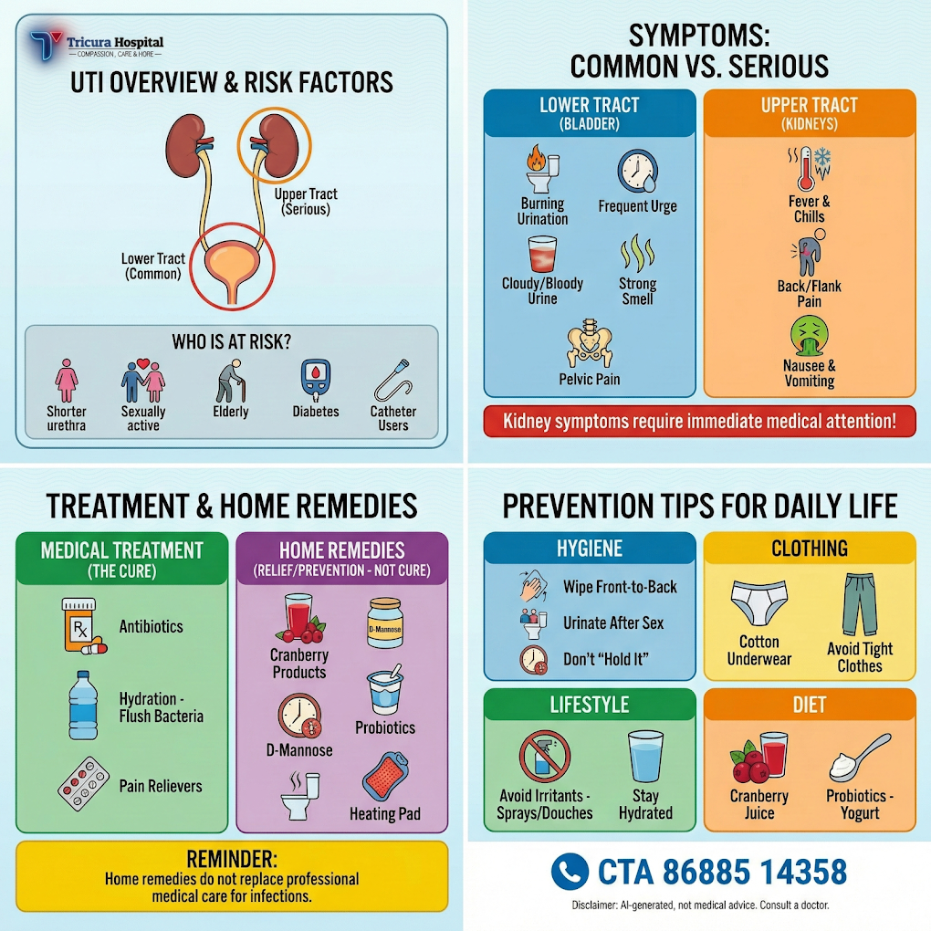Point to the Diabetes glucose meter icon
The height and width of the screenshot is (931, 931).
point(314,381)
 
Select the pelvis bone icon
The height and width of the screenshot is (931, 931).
point(589,345)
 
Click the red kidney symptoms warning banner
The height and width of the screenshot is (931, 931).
point(699,422)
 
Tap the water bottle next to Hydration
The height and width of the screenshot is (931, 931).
point(82,705)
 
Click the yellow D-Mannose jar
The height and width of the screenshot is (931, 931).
point(384,622)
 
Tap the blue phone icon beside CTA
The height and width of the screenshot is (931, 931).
point(570,871)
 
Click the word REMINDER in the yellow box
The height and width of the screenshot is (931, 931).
point(232,859)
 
